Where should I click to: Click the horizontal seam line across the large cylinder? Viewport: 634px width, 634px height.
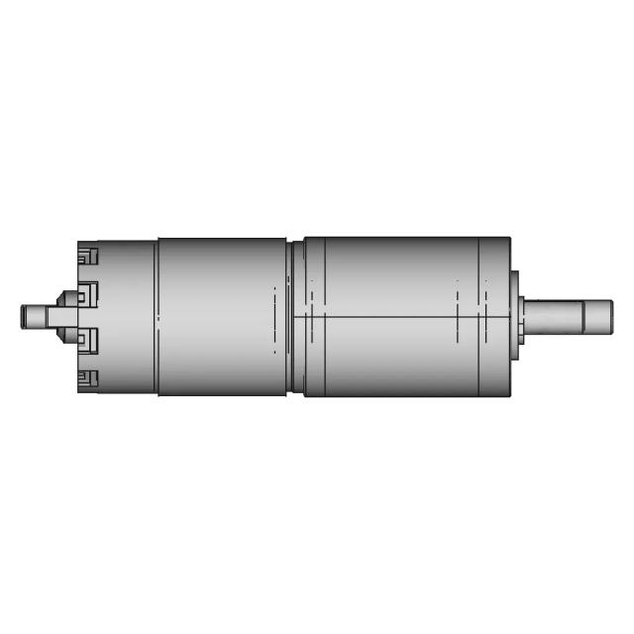(x=396, y=317)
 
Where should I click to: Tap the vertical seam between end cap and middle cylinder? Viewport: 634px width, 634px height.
(x=157, y=317)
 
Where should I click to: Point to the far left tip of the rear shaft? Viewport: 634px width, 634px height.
(x=23, y=317)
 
